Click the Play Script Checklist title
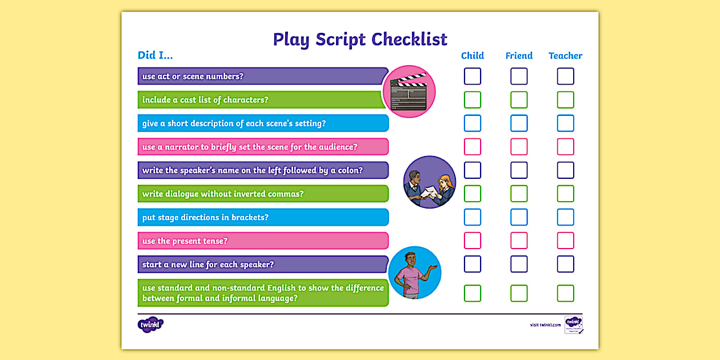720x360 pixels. pyautogui.click(x=360, y=39)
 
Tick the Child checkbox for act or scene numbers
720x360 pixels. pyautogui.click(x=472, y=77)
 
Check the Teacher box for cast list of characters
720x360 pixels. pyautogui.click(x=565, y=100)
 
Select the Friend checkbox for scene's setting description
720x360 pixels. pyautogui.click(x=519, y=123)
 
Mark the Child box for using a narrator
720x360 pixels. pyautogui.click(x=472, y=147)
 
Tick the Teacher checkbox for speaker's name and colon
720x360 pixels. pyautogui.click(x=565, y=170)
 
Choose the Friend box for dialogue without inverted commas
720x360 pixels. pyautogui.click(x=519, y=194)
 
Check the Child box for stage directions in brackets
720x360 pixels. pyautogui.click(x=472, y=217)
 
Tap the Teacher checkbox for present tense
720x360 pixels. pyautogui.click(x=565, y=241)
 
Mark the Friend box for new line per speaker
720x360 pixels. pyautogui.click(x=519, y=264)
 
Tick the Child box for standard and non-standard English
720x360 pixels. pyautogui.click(x=472, y=293)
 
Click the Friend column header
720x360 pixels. pyautogui.click(x=519, y=56)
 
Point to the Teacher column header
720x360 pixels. pyautogui.click(x=565, y=56)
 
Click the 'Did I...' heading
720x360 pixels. pyautogui.click(x=155, y=55)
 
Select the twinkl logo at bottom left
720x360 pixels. pyautogui.click(x=150, y=325)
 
